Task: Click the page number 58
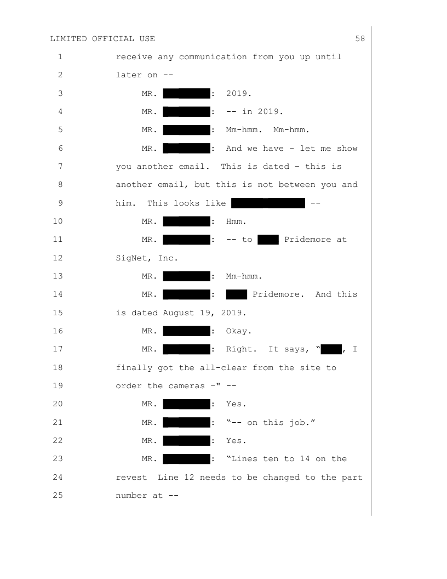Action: click(360, 38)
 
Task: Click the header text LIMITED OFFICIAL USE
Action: click(102, 38)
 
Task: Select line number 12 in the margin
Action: click(60, 258)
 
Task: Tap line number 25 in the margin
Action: click(60, 496)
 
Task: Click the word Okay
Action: click(238, 331)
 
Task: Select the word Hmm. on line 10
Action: click(237, 222)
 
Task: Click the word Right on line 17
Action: click(241, 349)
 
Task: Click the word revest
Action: click(132, 478)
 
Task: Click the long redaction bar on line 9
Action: click(268, 203)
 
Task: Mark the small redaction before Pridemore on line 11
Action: click(268, 240)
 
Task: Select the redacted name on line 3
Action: click(187, 93)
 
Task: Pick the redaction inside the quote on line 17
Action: click(331, 349)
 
